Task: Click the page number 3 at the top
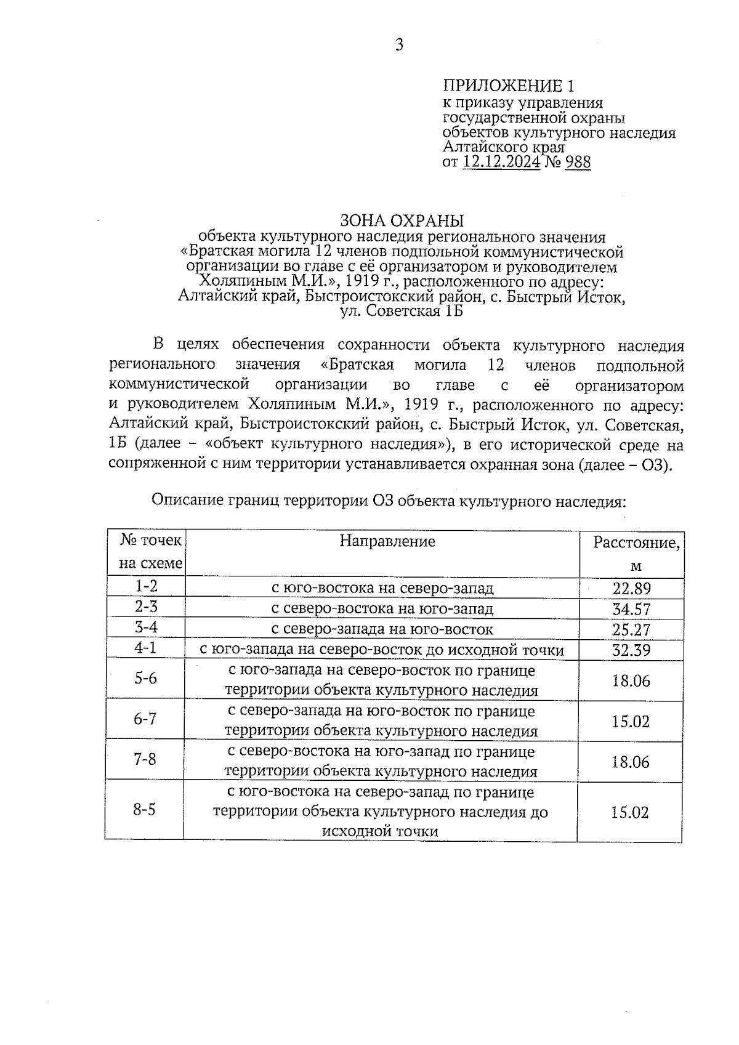click(399, 46)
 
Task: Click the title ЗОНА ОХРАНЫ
click(402, 220)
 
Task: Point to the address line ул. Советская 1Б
click(402, 312)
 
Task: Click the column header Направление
click(387, 541)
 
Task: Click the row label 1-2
click(147, 586)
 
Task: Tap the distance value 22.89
click(631, 588)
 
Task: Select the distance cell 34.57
click(631, 609)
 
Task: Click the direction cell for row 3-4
click(382, 629)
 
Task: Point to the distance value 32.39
click(631, 650)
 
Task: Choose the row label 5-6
click(146, 679)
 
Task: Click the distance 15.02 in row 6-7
click(631, 721)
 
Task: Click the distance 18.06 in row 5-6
click(631, 680)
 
